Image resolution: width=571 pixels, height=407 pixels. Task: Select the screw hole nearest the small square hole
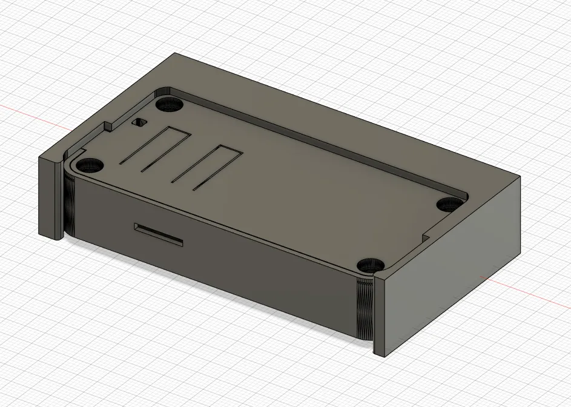(169, 105)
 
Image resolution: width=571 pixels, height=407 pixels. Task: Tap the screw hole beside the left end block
(90, 165)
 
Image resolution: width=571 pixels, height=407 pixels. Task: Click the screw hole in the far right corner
(449, 204)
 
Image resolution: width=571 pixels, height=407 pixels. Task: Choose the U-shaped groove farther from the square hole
(210, 168)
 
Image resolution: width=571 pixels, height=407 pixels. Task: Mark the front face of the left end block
(50, 197)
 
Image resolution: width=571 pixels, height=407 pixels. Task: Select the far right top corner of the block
(520, 176)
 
